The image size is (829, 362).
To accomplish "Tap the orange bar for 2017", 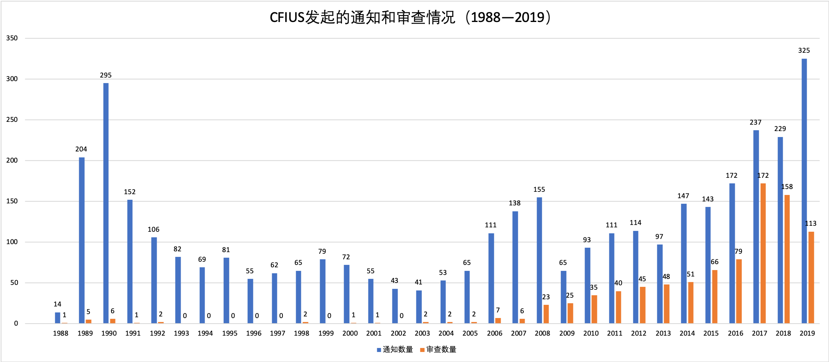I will tap(763, 253).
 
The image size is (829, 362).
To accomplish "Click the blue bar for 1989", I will tap(82, 240).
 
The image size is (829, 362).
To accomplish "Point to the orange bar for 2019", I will tap(811, 277).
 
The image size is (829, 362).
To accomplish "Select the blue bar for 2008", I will tap(539, 260).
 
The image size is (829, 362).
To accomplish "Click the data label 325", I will tap(804, 51).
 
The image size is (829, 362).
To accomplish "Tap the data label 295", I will tap(105, 76).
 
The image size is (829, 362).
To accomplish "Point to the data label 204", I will tap(81, 149).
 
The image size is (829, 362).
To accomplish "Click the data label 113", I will tap(811, 224).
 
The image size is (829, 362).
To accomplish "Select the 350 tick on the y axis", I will tap(12, 38).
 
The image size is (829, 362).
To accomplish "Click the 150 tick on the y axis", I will tap(12, 201).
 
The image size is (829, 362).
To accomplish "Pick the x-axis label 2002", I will tap(398, 333).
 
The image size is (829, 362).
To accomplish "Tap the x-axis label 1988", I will tap(61, 333).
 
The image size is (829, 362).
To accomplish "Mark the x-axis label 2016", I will tap(735, 333).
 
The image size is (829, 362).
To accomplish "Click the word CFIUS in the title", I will tap(287, 18).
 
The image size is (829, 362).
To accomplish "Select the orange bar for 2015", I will tap(715, 296).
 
